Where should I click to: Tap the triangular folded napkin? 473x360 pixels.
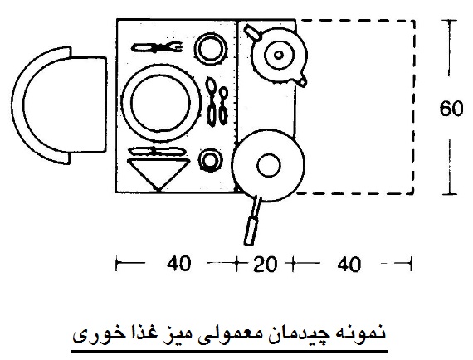pos(158,173)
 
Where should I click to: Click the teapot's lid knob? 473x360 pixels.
pos(279,55)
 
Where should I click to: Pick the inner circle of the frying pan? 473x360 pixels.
pos(269,165)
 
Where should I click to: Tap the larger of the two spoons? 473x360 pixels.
pos(211,101)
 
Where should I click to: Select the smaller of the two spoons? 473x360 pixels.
pos(223,105)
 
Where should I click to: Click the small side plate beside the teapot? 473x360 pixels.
pos(210,49)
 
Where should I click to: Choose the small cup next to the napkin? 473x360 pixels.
pos(210,160)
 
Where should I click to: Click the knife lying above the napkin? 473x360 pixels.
pos(157,151)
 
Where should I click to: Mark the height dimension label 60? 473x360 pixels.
pos(451,108)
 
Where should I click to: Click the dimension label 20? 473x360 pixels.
pos(265,264)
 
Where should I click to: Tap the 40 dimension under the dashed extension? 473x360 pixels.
pos(349,264)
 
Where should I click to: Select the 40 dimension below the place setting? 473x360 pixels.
pos(178,263)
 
